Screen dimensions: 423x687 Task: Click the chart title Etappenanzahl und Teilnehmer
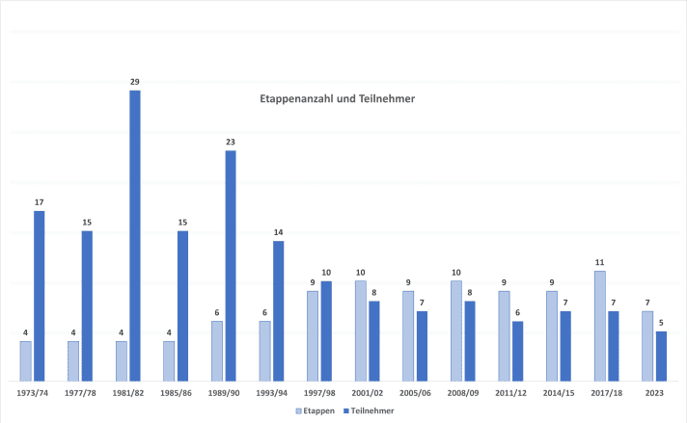[337, 98]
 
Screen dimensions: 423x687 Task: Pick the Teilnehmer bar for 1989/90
[231, 264]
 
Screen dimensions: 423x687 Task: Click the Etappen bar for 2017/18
[600, 325]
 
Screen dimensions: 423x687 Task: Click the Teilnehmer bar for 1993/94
[279, 309]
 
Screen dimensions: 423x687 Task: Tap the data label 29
[135, 82]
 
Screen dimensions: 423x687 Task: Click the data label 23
[231, 142]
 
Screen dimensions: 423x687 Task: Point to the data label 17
[40, 202]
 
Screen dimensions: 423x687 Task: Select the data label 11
[600, 262]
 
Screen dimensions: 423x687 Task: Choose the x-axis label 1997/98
[319, 393]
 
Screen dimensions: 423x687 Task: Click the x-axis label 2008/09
[463, 393]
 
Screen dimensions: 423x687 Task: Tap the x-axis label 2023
[654, 393]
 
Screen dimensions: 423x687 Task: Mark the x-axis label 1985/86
[177, 393]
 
